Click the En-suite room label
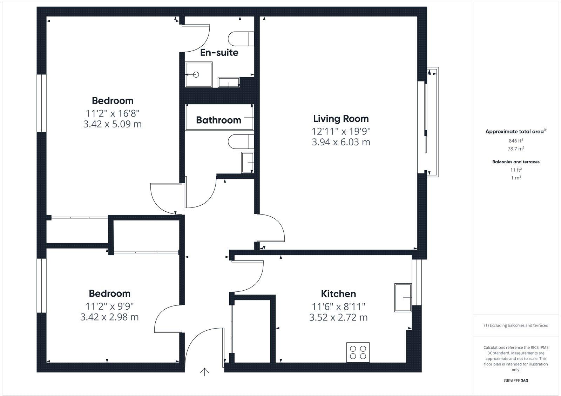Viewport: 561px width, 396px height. click(x=219, y=53)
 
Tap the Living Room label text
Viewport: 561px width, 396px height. click(x=341, y=119)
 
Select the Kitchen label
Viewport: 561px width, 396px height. click(x=338, y=294)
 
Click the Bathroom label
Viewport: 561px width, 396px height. click(x=218, y=120)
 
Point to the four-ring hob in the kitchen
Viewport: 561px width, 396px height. click(x=358, y=352)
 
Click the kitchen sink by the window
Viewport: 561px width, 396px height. click(x=403, y=298)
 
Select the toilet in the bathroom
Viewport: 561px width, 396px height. click(x=241, y=142)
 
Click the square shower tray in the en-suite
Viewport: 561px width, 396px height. click(x=199, y=74)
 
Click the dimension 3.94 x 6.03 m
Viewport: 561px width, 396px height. click(x=341, y=142)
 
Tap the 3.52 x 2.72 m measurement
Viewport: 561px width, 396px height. click(x=338, y=317)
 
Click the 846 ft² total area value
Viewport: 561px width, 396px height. click(x=516, y=140)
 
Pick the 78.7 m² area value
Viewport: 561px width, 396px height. click(x=516, y=148)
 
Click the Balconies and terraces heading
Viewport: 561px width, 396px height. click(x=516, y=162)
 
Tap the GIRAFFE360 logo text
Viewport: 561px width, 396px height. click(x=516, y=381)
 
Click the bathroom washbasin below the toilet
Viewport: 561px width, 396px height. click(x=248, y=163)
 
